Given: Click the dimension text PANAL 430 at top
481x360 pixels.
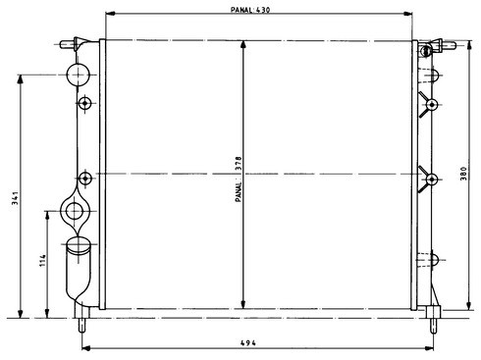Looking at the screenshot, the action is (x=250, y=10).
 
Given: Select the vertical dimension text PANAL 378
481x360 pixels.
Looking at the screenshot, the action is (x=239, y=179).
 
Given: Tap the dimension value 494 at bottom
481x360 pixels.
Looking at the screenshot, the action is (x=248, y=342).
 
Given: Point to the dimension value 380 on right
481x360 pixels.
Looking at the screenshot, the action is (x=463, y=174).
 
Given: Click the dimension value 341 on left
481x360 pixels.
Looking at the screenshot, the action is (x=15, y=198).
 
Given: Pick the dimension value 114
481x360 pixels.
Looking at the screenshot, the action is (x=43, y=260).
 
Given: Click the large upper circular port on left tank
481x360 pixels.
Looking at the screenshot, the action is (x=78, y=75).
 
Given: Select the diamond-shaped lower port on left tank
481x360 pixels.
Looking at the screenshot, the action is (x=75, y=211).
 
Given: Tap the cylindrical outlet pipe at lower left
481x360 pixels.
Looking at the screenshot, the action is (x=78, y=269).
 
